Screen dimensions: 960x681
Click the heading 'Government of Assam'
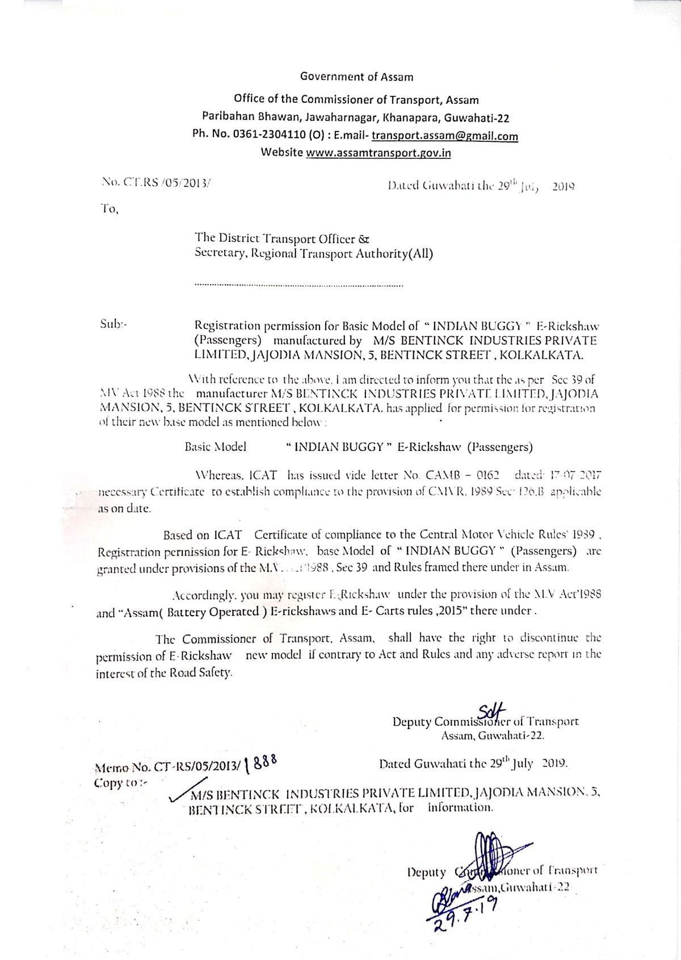(356, 77)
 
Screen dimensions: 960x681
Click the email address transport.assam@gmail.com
(445, 136)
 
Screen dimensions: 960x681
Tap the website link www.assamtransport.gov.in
(379, 153)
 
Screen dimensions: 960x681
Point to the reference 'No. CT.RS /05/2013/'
(155, 183)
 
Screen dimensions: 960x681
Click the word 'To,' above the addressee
(109, 209)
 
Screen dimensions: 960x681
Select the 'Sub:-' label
(113, 324)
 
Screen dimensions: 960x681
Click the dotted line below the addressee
(299, 284)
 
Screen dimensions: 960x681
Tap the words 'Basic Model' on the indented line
(215, 447)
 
